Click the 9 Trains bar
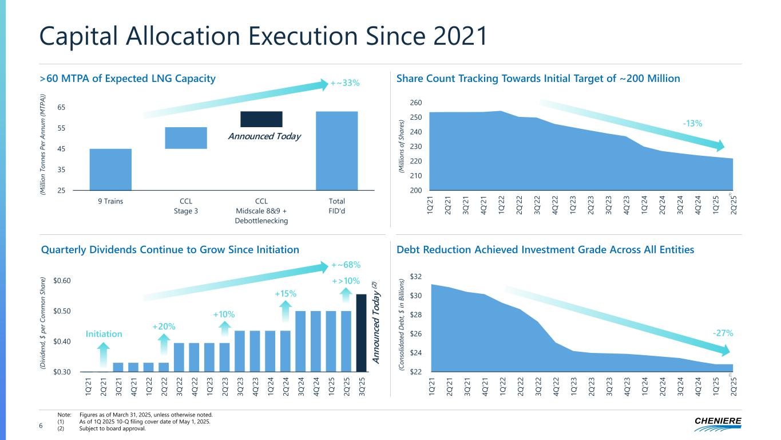click(x=110, y=169)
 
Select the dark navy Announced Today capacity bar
click(x=261, y=119)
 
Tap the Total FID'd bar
click(x=337, y=150)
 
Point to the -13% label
click(x=692, y=123)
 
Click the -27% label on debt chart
click(x=723, y=332)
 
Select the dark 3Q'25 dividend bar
click(x=361, y=332)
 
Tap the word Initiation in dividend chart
click(x=103, y=333)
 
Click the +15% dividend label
click(x=285, y=293)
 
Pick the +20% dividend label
click(x=163, y=326)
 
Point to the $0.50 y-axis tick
click(x=62, y=311)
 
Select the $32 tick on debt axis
click(x=416, y=277)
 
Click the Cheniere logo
click(x=717, y=422)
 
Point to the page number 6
click(x=41, y=426)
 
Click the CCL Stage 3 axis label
click(x=185, y=206)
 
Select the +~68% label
click(x=346, y=265)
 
